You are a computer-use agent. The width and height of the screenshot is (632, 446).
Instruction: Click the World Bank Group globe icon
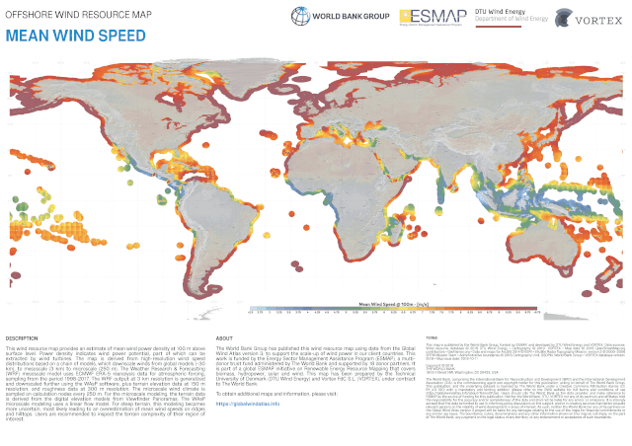[300, 17]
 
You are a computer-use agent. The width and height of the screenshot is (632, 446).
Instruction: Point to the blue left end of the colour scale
[253, 312]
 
